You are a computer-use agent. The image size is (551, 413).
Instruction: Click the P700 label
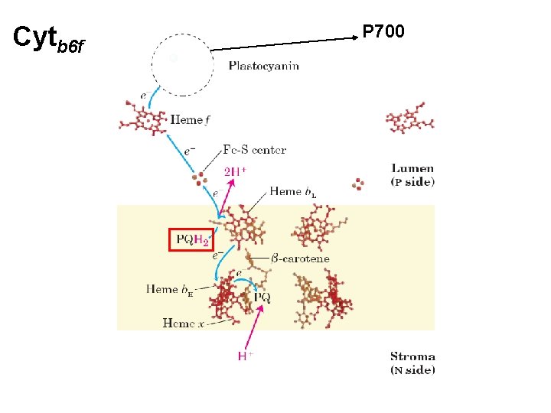pos(383,31)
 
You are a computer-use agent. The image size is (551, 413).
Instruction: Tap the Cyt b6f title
pos(48,39)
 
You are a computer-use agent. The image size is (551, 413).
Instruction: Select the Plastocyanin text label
pos(263,66)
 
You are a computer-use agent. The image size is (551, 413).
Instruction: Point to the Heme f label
pos(190,120)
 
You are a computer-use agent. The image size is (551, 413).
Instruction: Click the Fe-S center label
pos(254,150)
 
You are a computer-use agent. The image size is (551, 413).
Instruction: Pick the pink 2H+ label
pos(235,171)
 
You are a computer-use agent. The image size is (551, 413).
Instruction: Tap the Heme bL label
pos(292,192)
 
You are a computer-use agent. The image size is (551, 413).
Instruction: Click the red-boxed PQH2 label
pos(191,240)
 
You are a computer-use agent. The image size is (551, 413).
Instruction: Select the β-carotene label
pos(300,259)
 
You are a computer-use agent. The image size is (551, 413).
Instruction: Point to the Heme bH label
pos(169,290)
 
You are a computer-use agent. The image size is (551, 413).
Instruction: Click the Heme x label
pos(183,323)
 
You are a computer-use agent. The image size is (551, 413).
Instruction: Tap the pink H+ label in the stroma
pos(246,356)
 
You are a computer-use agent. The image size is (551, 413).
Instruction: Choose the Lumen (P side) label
pos(412,175)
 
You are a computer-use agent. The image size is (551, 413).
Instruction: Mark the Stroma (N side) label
pos(412,363)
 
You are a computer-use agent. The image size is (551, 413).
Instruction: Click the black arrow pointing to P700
pos(284,44)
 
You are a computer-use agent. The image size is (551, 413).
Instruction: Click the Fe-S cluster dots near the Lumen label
pos(357,184)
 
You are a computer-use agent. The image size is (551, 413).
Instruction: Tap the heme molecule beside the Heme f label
pos(143,118)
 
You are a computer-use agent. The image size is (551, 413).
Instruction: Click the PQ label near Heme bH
pos(262,297)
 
